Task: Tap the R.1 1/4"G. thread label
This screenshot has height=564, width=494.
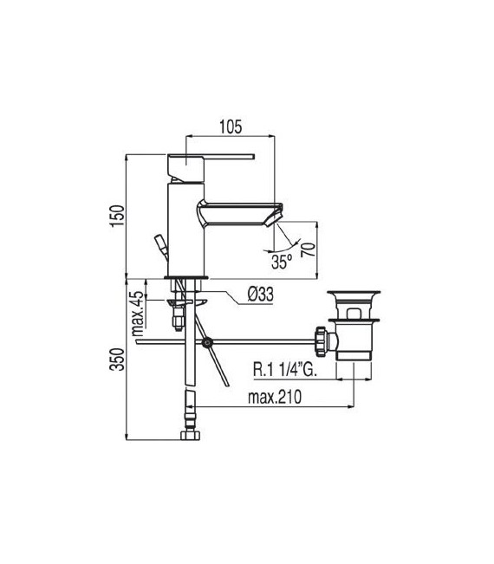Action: click(x=289, y=370)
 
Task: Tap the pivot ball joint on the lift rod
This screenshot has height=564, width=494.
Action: click(x=206, y=343)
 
